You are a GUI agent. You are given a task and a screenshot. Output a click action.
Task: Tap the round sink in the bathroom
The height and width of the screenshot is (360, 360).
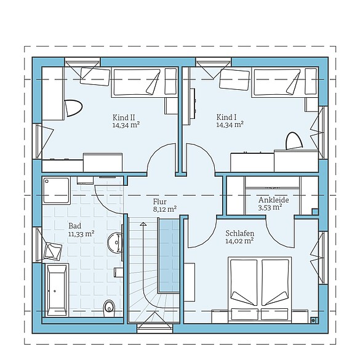115,242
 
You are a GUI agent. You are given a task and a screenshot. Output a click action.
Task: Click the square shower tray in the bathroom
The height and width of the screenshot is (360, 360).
56,190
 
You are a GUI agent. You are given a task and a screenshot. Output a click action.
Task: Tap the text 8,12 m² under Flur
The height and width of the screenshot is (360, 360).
165,209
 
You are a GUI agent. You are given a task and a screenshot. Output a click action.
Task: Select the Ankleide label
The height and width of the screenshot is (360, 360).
273,200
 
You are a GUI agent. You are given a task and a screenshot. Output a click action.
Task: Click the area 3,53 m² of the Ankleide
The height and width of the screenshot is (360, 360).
270,207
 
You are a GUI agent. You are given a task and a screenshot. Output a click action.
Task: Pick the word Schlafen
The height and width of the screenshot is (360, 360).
240,233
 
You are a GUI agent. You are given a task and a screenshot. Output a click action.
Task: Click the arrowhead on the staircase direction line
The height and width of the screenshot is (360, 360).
143,224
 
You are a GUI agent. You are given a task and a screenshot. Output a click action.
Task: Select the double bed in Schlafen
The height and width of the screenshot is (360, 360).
260,290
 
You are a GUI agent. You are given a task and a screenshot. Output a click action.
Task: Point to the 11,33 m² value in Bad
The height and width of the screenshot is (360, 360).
81,234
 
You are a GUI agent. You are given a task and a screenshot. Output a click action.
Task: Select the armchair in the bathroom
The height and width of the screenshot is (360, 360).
52,250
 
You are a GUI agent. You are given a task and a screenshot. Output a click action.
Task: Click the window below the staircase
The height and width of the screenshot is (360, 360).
154,329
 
